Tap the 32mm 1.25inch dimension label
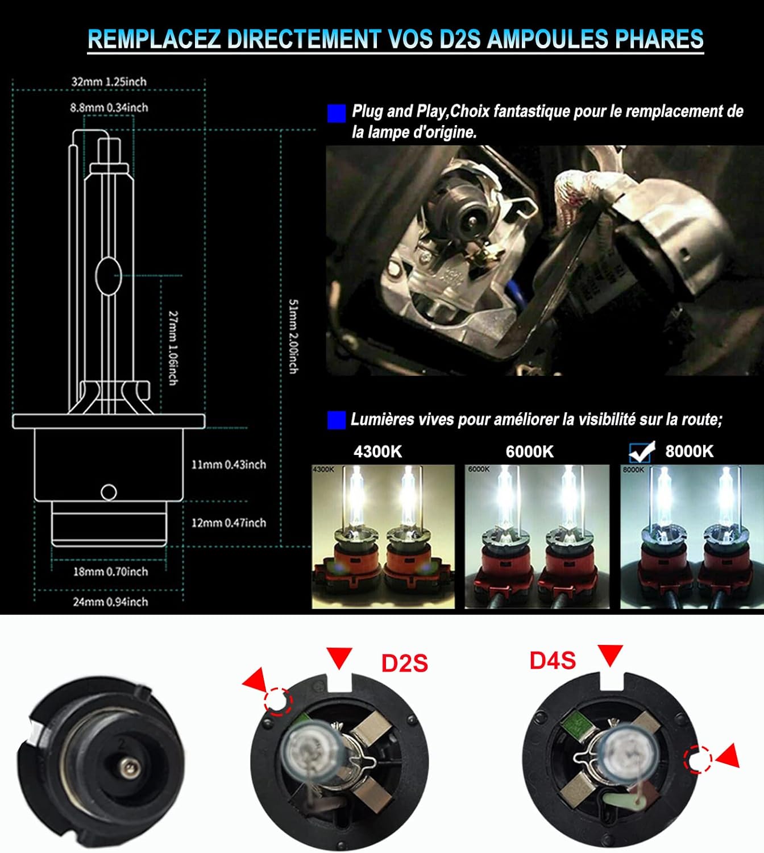coord(109,81)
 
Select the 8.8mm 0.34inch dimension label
coord(109,107)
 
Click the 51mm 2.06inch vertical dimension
coord(293,336)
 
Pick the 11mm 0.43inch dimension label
coord(229,465)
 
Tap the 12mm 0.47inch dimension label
coord(229,523)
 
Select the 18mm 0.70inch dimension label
coord(110,572)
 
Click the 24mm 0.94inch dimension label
coord(110,602)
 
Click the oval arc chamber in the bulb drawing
coord(108,276)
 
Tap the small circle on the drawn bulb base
coord(108,492)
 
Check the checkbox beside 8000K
coord(641,452)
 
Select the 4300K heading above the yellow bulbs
coord(377,452)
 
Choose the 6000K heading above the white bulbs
coord(529,452)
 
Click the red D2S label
coord(404,664)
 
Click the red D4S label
coord(553,660)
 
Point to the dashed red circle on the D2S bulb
coord(278,700)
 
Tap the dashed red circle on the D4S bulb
coord(699,759)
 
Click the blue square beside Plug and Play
coord(337,113)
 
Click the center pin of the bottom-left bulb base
coord(126,768)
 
